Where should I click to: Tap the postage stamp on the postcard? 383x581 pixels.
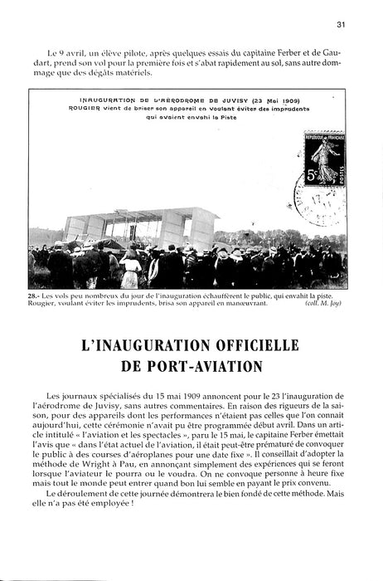click(x=324, y=159)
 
